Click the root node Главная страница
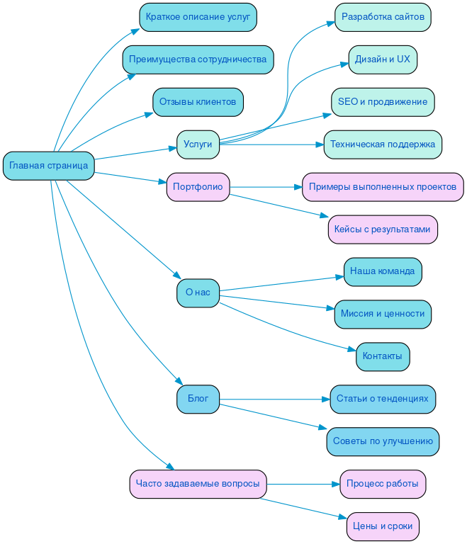(x=49, y=166)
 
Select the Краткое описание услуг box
(x=198, y=17)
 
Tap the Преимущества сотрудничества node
(x=198, y=59)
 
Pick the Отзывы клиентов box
(x=198, y=102)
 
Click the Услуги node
(x=198, y=144)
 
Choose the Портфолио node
(x=198, y=187)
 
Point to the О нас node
(x=198, y=292)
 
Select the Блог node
(x=198, y=399)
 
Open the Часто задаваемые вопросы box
(x=198, y=484)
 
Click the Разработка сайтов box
(x=383, y=17)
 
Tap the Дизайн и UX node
(x=383, y=59)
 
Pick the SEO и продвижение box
(x=383, y=102)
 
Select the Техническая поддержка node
(x=383, y=144)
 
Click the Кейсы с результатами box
(x=383, y=229)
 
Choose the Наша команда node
(x=383, y=271)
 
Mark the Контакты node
(x=383, y=356)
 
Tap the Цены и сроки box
(x=383, y=526)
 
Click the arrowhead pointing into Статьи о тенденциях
(x=326, y=399)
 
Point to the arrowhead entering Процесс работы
(x=336, y=484)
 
